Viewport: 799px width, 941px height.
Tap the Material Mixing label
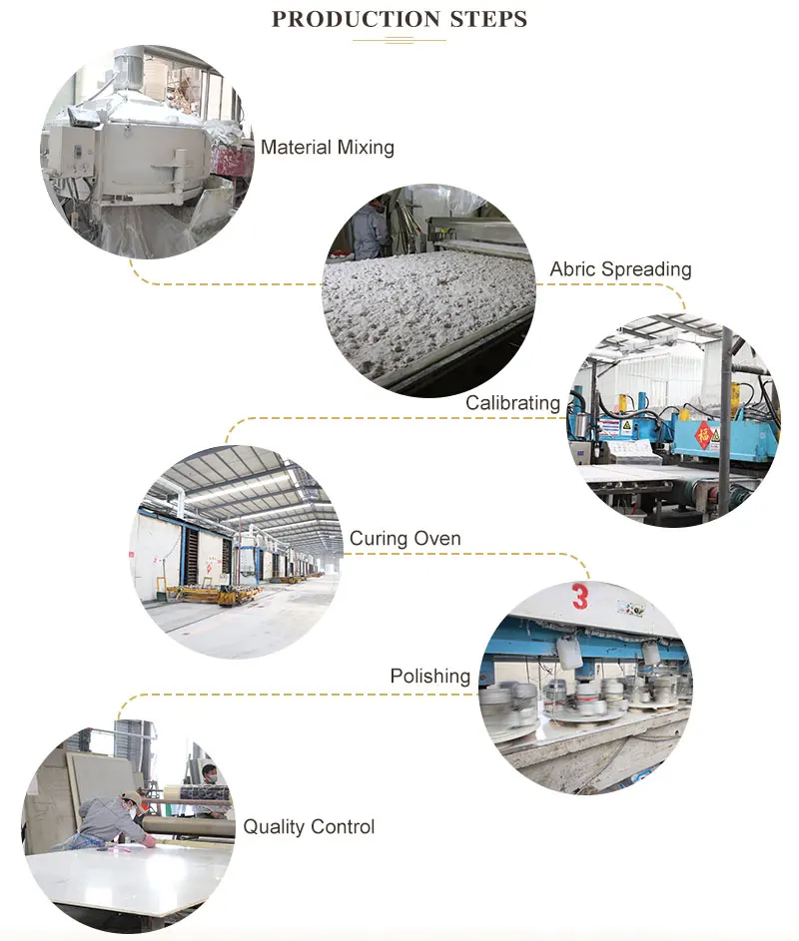click(327, 148)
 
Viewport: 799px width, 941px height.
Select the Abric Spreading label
click(620, 269)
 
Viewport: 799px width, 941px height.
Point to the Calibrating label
click(512, 403)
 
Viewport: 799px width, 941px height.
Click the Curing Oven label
click(404, 539)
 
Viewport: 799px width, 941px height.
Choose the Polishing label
click(429, 677)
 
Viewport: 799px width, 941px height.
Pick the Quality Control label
click(309, 826)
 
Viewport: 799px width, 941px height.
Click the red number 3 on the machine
click(580, 597)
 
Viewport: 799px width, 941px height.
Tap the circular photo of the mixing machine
click(146, 151)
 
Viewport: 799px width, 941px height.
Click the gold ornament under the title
click(399, 40)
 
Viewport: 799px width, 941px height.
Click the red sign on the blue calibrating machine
click(705, 434)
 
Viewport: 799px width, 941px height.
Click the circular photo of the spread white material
click(428, 290)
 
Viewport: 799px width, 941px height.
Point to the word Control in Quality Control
click(343, 826)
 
